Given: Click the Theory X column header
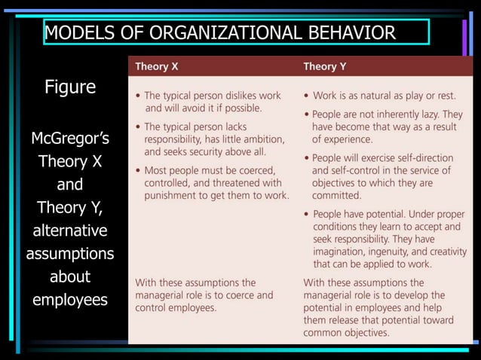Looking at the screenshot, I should [x=157, y=66].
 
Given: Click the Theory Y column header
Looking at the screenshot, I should [x=325, y=66].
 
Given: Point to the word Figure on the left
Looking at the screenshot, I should [x=70, y=87].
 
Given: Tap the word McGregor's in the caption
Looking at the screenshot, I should [x=70, y=139].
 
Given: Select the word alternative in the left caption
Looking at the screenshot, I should [x=70, y=230].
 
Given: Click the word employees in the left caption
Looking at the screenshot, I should [x=70, y=299].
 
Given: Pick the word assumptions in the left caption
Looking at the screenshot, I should [x=70, y=254].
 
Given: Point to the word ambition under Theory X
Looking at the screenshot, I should [x=260, y=139].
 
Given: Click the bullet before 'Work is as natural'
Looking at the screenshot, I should [x=306, y=96].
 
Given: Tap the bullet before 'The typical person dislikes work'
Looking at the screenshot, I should [x=137, y=96].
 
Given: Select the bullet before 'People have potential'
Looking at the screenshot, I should [x=306, y=215].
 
